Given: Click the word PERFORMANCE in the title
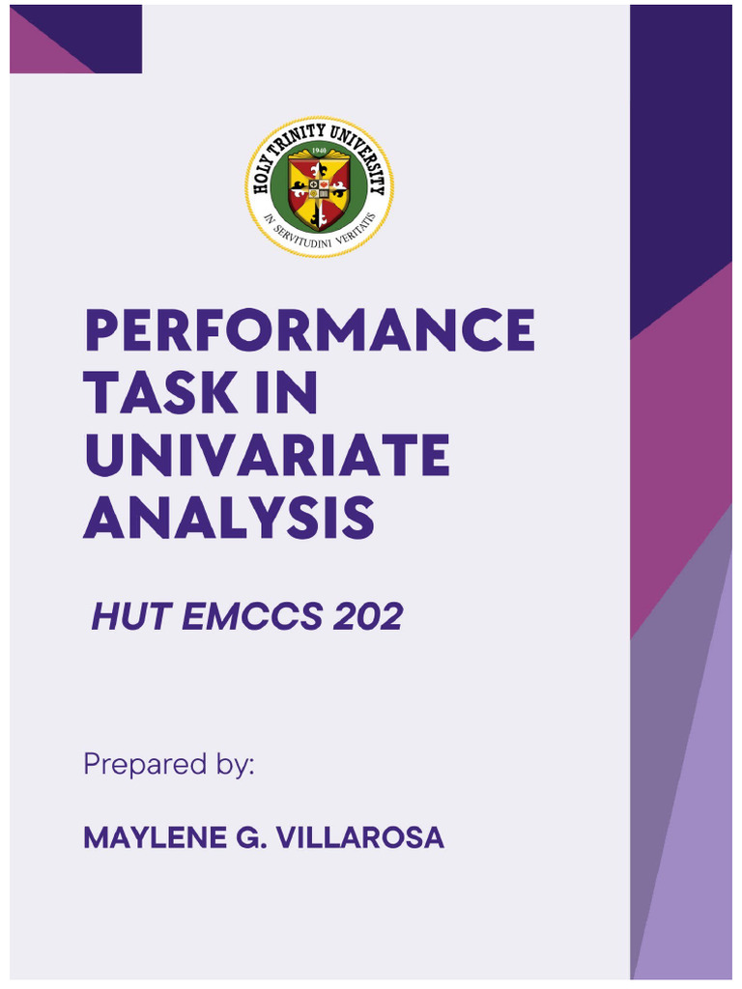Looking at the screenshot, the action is click(310, 329).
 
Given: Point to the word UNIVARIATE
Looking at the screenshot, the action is click(268, 456).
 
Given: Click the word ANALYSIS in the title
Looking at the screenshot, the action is click(229, 518).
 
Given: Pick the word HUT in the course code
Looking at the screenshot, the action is click(131, 616).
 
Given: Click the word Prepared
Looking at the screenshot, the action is click(145, 765).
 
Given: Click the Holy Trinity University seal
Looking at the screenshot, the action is click(319, 186).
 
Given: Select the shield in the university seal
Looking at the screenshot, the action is click(319, 190).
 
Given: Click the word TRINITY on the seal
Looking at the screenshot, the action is click(297, 139).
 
